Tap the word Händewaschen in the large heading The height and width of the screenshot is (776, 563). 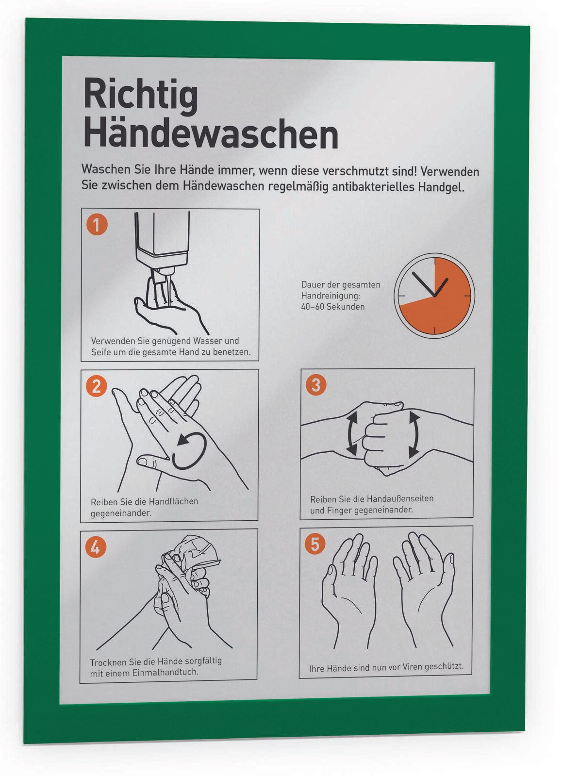tap(211, 133)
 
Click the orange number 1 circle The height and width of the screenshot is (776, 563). tap(97, 225)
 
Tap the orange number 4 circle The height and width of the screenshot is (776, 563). tap(95, 547)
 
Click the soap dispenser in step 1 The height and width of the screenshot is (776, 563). tap(162, 247)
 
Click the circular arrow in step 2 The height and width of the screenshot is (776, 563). tap(190, 450)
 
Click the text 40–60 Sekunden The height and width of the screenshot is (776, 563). tap(332, 307)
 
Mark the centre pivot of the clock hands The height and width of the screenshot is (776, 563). tap(434, 296)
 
